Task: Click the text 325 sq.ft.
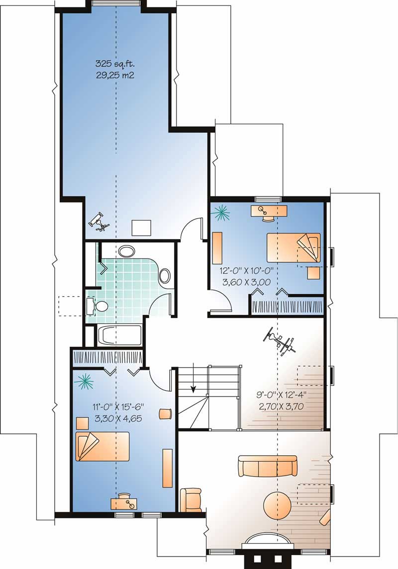[x=115, y=64]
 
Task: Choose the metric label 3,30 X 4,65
[x=118, y=418]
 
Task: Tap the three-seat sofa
[x=267, y=466]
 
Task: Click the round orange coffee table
[x=277, y=506]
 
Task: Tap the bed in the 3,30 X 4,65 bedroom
[x=102, y=446]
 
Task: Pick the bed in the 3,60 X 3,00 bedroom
[x=293, y=247]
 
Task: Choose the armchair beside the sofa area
[x=191, y=499]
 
